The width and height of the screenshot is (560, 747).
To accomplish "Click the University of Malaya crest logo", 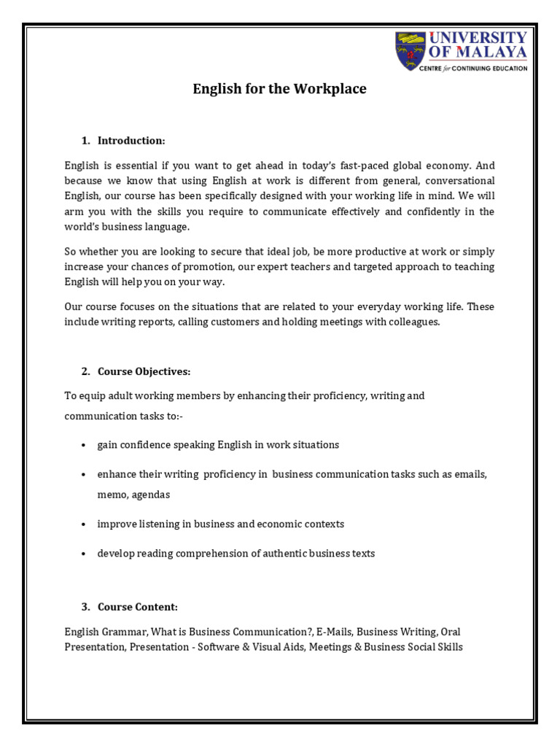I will pos(411,50).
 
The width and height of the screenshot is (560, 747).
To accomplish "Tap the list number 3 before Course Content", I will pos(85,607).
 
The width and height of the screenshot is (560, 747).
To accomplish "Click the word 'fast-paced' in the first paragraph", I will pos(365,166).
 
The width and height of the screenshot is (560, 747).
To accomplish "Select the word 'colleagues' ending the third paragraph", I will pos(415,322).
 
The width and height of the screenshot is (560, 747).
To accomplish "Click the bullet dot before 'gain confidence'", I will pos(85,445).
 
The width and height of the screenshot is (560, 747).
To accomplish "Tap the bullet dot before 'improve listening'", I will pos(85,525).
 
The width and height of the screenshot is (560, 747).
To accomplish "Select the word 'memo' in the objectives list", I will pos(112,495).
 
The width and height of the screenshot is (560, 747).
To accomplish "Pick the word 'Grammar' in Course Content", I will pos(117,632).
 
